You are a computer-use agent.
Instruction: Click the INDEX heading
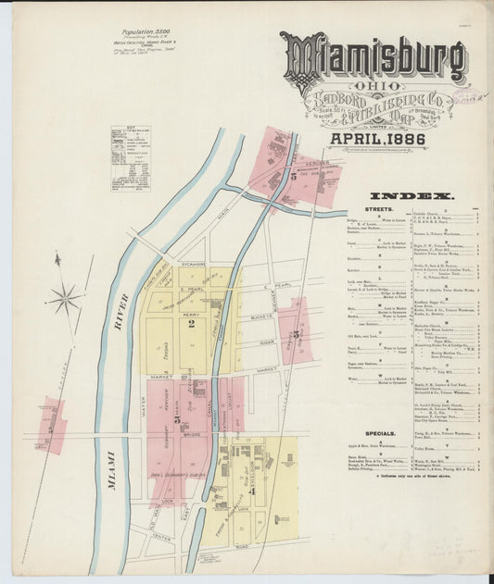click(x=411, y=196)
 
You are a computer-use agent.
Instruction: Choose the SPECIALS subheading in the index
click(x=381, y=432)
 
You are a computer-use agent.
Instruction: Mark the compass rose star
click(x=65, y=298)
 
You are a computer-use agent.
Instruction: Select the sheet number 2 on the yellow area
click(x=190, y=323)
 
